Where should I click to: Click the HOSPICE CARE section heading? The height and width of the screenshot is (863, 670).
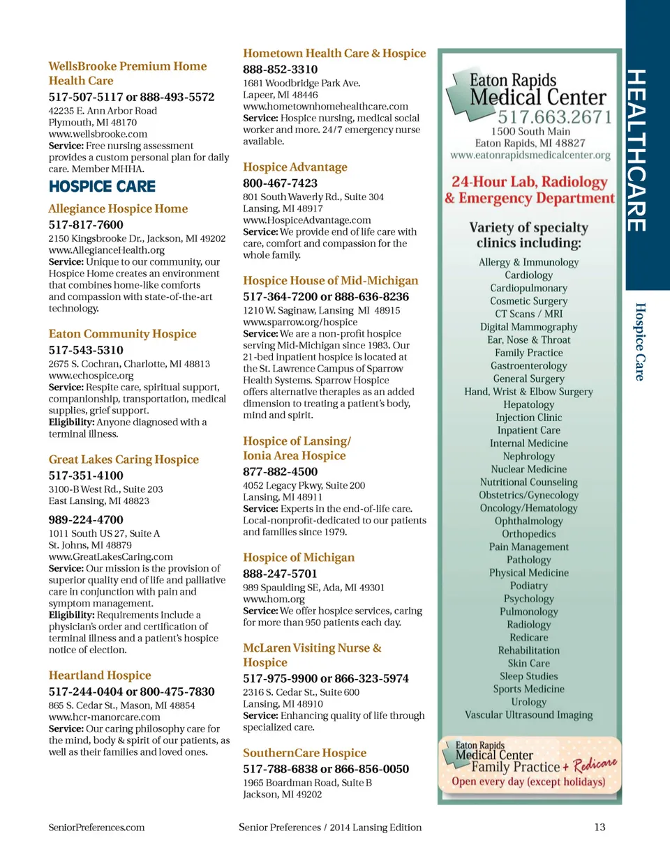click(x=102, y=187)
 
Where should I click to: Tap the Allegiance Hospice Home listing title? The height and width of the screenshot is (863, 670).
click(x=118, y=208)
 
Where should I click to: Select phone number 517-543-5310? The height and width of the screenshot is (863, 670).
click(x=86, y=350)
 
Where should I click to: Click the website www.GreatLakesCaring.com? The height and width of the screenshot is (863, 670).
click(x=110, y=556)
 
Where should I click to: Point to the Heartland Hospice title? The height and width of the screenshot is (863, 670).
click(x=100, y=675)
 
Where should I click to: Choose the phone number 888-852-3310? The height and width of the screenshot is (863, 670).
click(x=280, y=69)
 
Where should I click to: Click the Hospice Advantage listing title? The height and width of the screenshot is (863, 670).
click(x=295, y=167)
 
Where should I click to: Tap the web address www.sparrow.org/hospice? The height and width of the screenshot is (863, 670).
click(x=300, y=322)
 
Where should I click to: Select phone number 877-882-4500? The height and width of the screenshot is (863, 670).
click(x=280, y=471)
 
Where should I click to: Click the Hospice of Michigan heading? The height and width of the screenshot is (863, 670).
click(x=299, y=557)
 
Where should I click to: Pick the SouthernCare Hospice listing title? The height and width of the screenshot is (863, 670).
click(x=304, y=753)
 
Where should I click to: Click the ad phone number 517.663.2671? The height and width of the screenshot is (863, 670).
click(x=554, y=116)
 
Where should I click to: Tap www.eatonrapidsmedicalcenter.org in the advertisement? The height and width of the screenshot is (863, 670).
click(x=530, y=155)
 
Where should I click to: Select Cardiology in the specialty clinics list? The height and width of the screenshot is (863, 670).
click(x=528, y=275)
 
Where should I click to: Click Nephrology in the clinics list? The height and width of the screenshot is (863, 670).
click(x=528, y=456)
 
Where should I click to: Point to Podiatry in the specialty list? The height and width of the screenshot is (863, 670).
click(x=528, y=586)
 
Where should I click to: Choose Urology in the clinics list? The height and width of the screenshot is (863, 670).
click(x=528, y=702)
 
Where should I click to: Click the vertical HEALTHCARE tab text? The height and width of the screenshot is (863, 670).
click(x=636, y=150)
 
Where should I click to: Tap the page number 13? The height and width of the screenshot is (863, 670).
click(x=600, y=827)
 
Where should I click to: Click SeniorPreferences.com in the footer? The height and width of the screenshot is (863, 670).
click(x=96, y=827)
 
